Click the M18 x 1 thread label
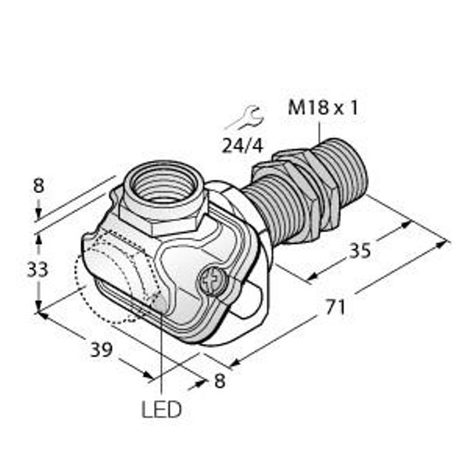coord(323,108)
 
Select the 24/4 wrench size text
coord(242,146)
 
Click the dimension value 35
coord(360,251)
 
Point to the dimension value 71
coord(335,307)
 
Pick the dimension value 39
coord(102,349)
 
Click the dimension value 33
coord(38,269)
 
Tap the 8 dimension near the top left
coord(38,185)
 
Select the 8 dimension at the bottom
coord(220,381)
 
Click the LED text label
coord(162,410)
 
